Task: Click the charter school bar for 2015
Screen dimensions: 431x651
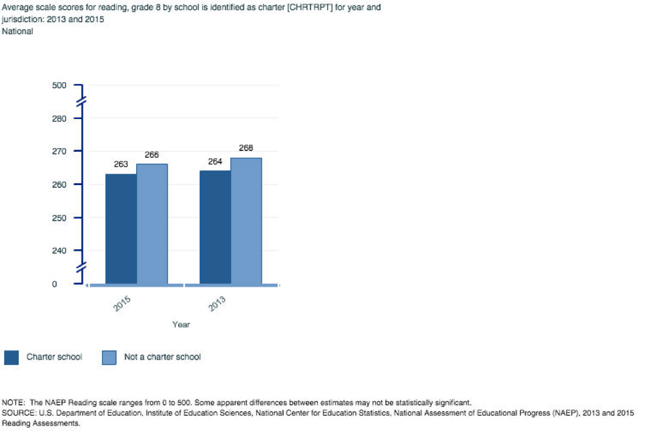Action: [121, 229]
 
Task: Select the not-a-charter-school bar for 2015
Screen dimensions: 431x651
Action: [152, 224]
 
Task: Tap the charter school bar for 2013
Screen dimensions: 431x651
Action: [215, 227]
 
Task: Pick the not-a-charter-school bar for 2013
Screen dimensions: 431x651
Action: [246, 221]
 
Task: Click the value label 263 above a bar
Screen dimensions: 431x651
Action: [121, 164]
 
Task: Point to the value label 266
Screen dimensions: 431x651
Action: [152, 155]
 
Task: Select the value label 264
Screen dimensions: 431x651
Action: [215, 161]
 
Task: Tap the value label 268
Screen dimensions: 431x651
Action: [246, 148]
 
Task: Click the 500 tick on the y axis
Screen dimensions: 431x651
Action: [59, 86]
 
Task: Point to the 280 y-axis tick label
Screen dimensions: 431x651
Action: [59, 118]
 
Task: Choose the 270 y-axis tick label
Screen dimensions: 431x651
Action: [59, 152]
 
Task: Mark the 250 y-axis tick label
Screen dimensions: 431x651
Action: [59, 218]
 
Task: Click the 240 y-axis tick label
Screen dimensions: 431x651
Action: [59, 251]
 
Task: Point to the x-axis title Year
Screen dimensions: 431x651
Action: [181, 325]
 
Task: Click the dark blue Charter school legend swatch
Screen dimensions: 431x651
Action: [11, 357]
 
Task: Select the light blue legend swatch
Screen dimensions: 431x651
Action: [109, 357]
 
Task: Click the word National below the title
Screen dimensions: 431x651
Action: [18, 31]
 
